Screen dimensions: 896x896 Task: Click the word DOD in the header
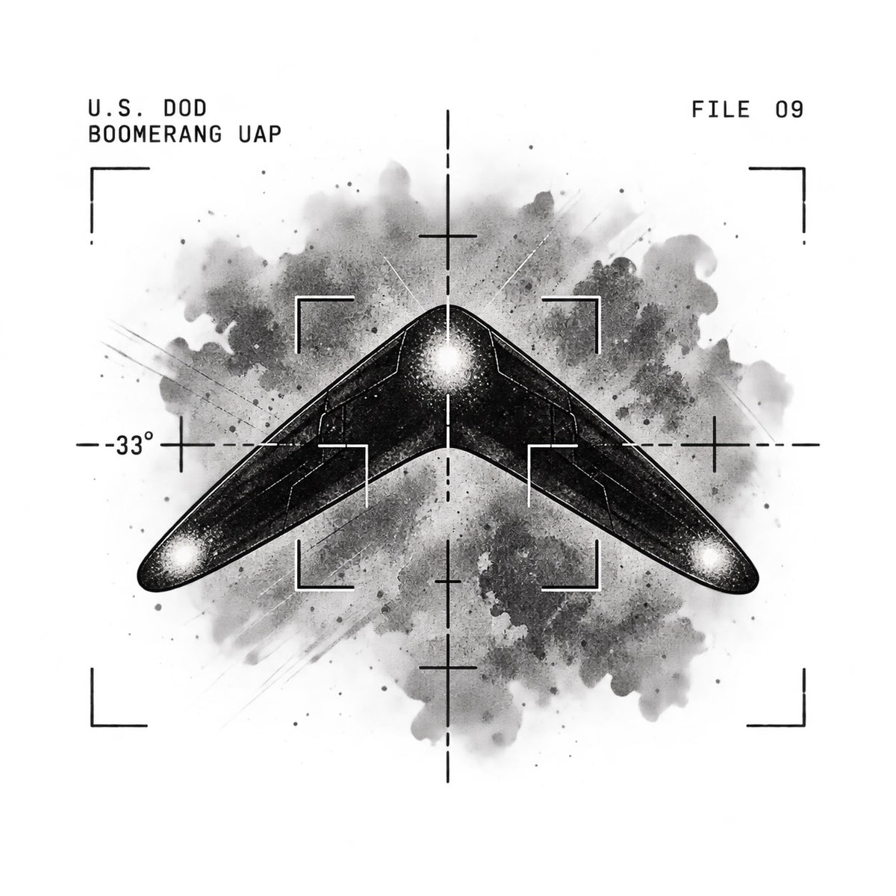pos(184,109)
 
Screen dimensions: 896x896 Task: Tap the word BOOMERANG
pos(155,134)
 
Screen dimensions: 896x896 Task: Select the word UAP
pos(260,134)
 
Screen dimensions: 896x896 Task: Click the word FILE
pos(721,110)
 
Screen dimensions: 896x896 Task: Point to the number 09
pos(789,110)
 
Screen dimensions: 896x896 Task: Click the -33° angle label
pos(130,444)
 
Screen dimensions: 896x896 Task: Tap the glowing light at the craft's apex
pos(447,358)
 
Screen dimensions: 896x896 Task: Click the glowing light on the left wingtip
pos(184,553)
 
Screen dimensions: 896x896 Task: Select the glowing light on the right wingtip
pos(710,555)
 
